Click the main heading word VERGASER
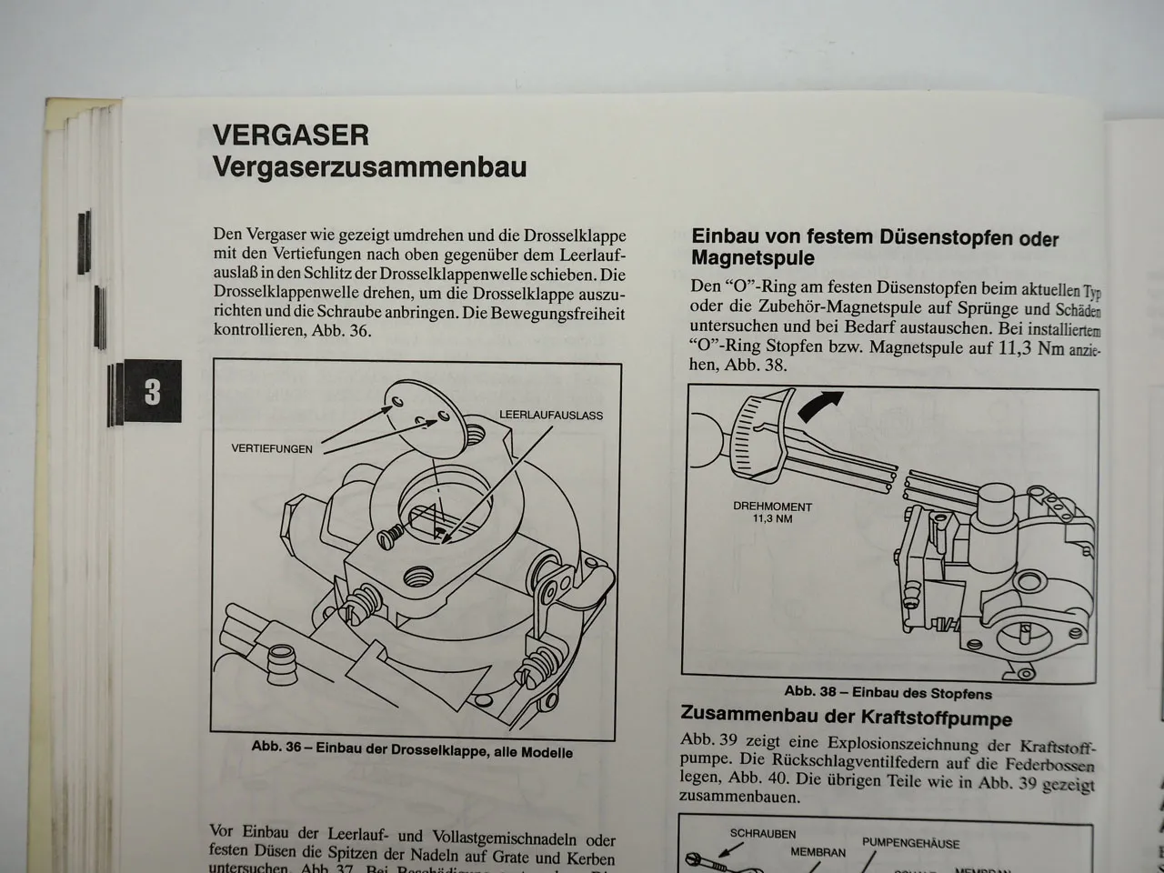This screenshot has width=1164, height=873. pyautogui.click(x=290, y=135)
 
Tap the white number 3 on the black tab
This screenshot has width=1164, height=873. pyautogui.click(x=152, y=391)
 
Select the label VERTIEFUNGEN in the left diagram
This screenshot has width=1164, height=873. pyautogui.click(x=272, y=448)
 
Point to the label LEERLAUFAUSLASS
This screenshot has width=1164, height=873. pyautogui.click(x=551, y=416)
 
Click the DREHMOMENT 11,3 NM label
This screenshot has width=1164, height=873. pyautogui.click(x=772, y=513)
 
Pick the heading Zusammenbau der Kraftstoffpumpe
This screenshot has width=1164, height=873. pyautogui.click(x=846, y=717)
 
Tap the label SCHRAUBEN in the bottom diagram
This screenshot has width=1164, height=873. pyautogui.click(x=762, y=834)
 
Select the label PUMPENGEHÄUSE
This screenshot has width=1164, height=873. pyautogui.click(x=910, y=843)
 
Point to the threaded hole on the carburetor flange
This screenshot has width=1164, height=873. pyautogui.click(x=419, y=575)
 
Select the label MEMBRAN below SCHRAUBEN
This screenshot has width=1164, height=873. pyautogui.click(x=817, y=852)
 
